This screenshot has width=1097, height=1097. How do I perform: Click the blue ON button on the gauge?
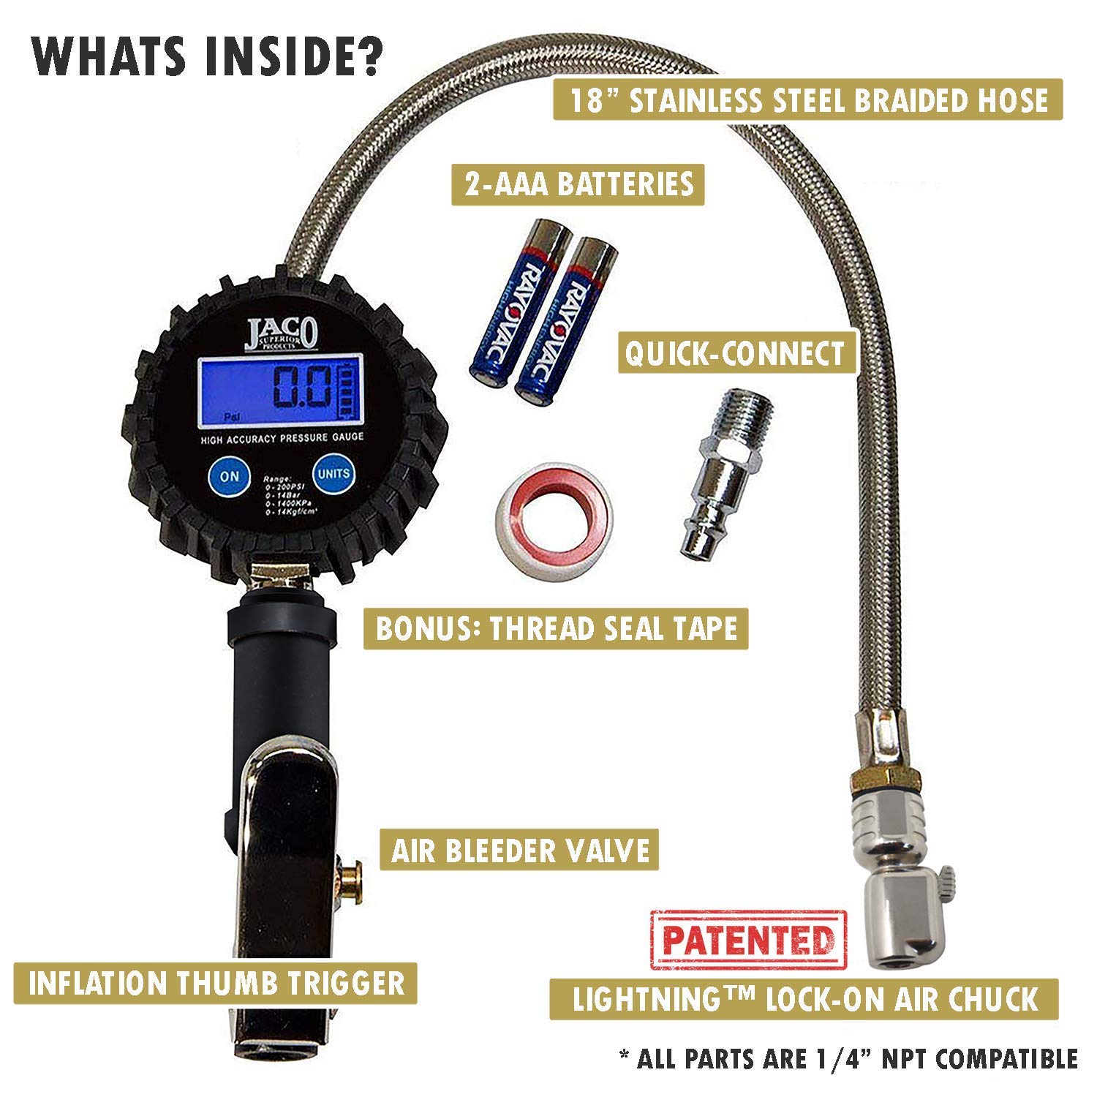[x=229, y=475]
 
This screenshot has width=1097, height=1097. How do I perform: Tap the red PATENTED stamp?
[x=747, y=940]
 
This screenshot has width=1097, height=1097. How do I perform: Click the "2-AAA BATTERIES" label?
[x=578, y=184]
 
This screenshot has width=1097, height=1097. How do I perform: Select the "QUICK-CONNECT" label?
[x=734, y=353]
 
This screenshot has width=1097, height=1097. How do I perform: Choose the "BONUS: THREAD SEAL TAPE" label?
[x=556, y=629]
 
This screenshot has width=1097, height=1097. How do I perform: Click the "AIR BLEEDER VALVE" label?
[x=520, y=851]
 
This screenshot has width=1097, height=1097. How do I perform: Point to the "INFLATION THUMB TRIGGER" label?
[x=216, y=983]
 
